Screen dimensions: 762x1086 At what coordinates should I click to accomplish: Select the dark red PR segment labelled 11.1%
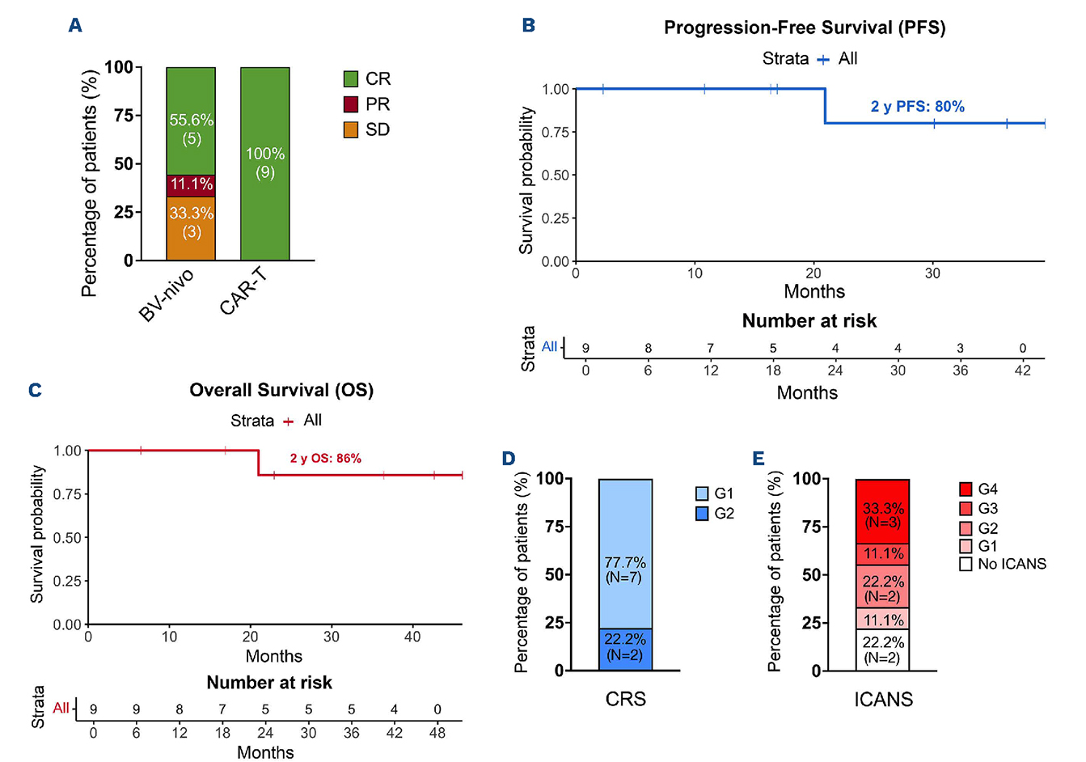(x=191, y=185)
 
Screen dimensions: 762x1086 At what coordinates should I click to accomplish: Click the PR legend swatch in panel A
(x=351, y=104)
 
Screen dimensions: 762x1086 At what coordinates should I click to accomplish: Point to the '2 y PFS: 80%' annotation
(x=917, y=107)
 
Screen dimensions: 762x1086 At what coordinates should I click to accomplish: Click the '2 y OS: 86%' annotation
(x=325, y=459)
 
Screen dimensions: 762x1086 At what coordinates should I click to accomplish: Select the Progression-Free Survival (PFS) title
(x=805, y=28)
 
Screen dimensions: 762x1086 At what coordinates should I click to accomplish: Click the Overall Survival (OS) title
(x=281, y=391)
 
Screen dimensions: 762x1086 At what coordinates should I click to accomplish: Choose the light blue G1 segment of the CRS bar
(x=624, y=554)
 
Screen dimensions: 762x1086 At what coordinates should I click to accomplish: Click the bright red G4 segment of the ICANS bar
(x=882, y=511)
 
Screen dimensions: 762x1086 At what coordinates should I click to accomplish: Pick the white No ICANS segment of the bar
(x=882, y=650)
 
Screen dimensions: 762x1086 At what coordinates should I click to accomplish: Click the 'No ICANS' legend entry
(x=1012, y=564)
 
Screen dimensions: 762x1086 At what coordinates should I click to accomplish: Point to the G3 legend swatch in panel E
(x=966, y=509)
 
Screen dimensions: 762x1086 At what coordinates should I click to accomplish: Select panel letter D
(x=509, y=459)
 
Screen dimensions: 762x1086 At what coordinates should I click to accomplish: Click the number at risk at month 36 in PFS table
(x=960, y=349)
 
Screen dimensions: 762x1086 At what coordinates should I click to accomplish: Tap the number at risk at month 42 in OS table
(x=394, y=709)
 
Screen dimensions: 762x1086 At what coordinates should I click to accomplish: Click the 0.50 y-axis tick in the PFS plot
(x=556, y=176)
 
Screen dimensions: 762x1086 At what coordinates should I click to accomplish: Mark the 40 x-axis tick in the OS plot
(x=412, y=637)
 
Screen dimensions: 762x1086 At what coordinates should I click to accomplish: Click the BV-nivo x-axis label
(x=167, y=297)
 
